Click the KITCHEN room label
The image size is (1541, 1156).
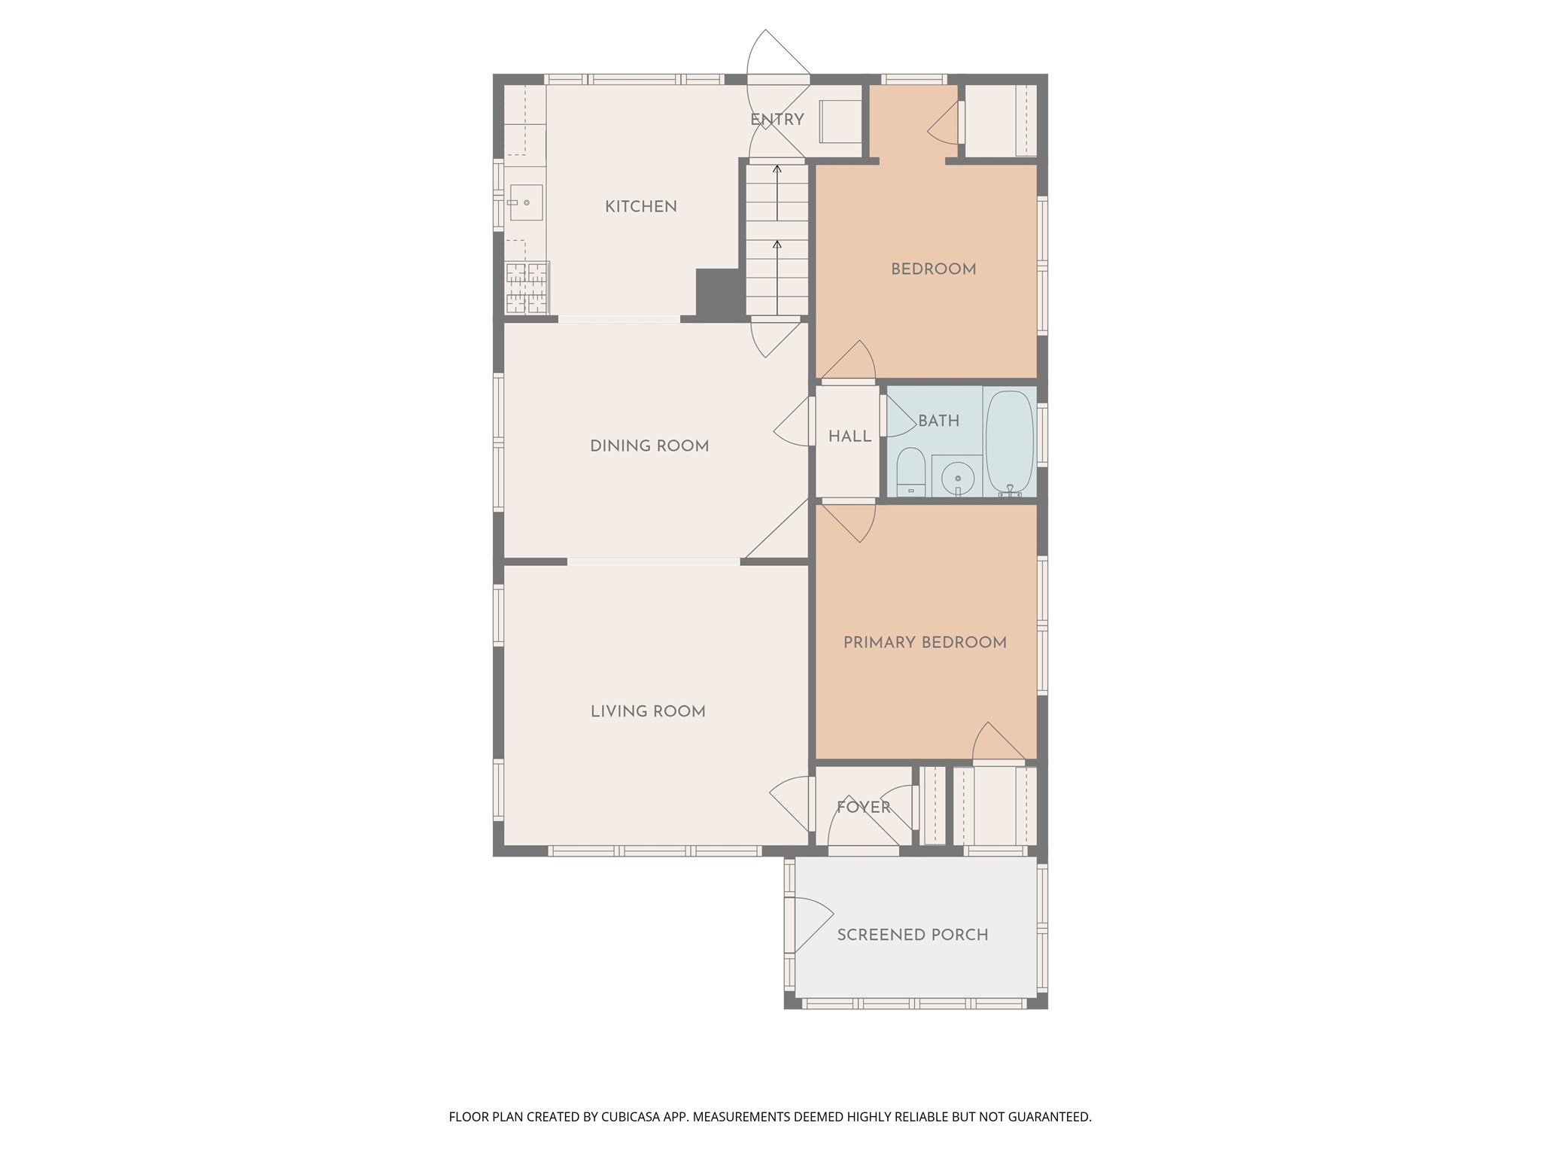[640, 206]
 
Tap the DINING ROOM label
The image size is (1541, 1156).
[649, 446]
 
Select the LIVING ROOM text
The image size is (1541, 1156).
[647, 711]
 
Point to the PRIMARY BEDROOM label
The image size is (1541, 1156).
[924, 642]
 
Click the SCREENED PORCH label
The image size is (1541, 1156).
[912, 934]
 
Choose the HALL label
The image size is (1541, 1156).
[850, 437]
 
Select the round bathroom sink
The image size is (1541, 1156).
[957, 477]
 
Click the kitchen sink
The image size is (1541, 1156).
[526, 202]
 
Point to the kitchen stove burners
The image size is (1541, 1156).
[527, 287]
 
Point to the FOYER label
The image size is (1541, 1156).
[863, 807]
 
